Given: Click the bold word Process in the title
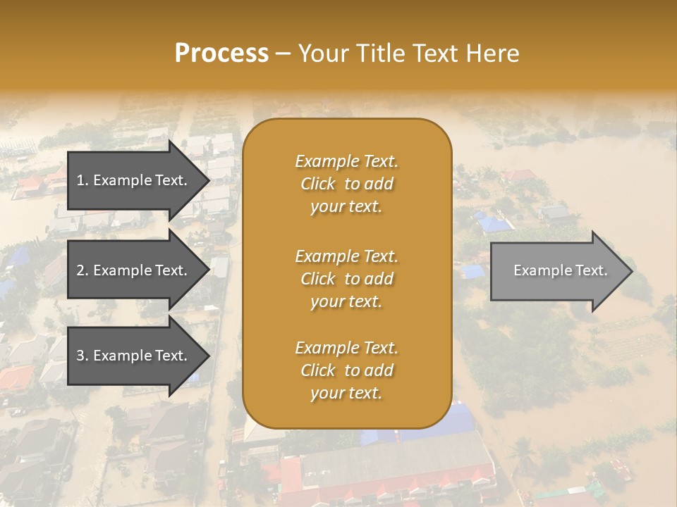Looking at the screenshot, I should [221, 54].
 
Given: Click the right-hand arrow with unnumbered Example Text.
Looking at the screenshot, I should [557, 271].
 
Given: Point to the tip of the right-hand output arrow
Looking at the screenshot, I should [631, 271].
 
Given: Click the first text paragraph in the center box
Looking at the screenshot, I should [347, 184].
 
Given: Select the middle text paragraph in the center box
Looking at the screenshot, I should [347, 279].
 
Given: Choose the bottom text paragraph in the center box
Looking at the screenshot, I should [347, 370].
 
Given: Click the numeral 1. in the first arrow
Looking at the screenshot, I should [82, 180].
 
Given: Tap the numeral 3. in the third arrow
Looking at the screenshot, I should [82, 356].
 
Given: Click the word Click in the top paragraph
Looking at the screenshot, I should [318, 184].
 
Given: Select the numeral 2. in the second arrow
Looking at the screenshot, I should [82, 270].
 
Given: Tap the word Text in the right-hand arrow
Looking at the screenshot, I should [591, 270].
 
